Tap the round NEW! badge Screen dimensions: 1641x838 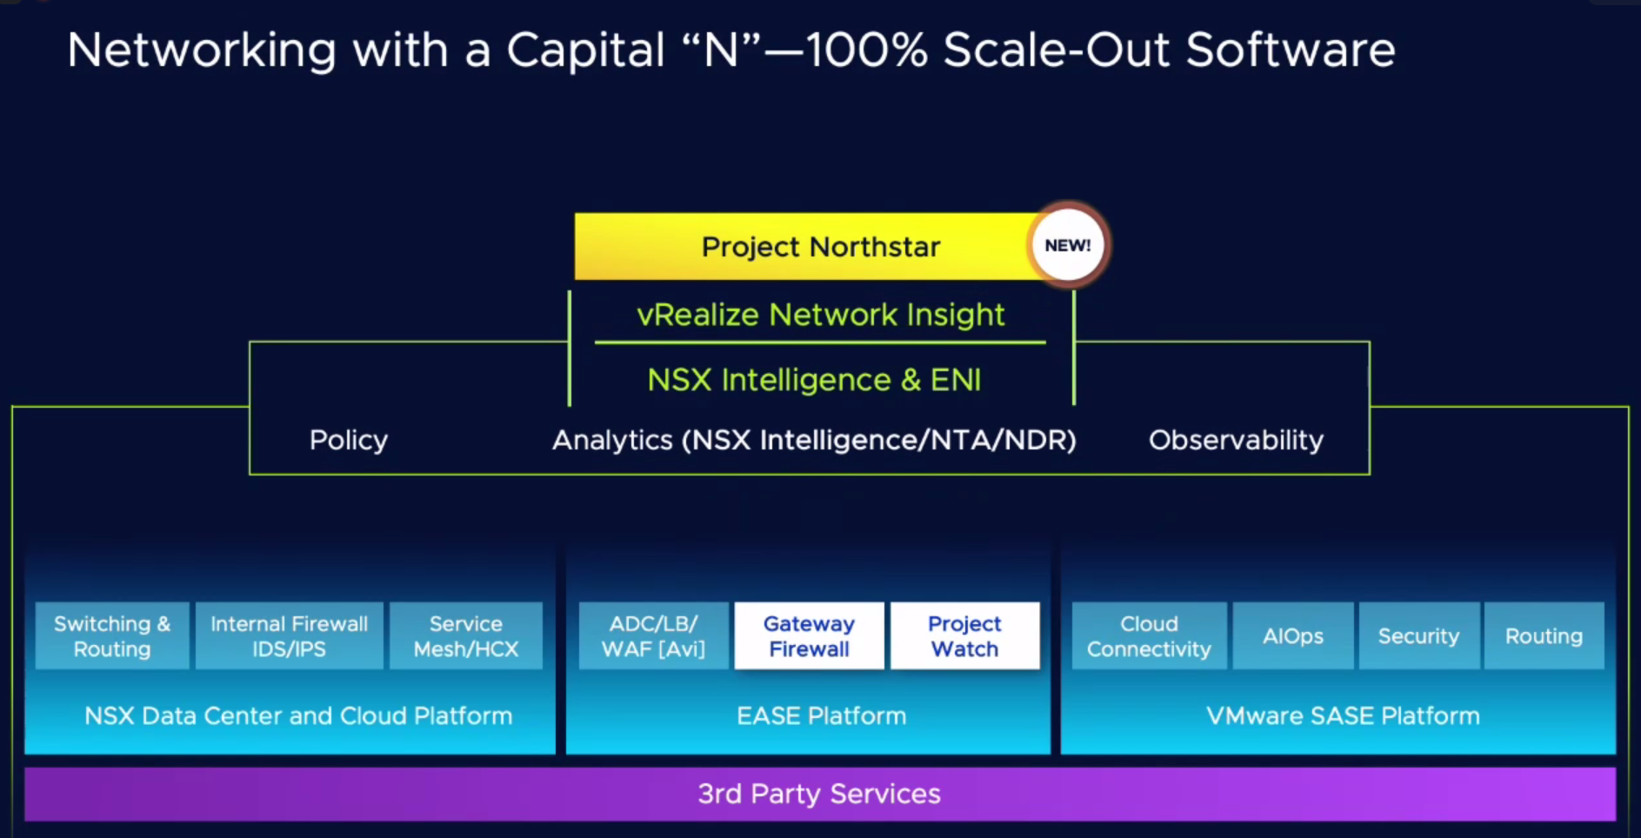click(x=1068, y=245)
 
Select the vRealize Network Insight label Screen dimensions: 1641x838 click(x=821, y=315)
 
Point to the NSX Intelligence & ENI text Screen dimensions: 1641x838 click(x=814, y=380)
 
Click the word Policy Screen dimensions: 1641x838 click(x=349, y=440)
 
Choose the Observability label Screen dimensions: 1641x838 click(x=1236, y=440)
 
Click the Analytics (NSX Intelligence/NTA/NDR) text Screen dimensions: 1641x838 click(x=814, y=441)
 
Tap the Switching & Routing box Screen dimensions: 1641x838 click(x=112, y=636)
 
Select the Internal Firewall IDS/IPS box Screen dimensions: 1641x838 click(x=290, y=636)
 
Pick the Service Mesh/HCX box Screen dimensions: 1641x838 click(x=466, y=636)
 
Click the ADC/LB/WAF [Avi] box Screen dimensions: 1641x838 click(x=654, y=636)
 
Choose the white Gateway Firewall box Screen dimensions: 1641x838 click(x=810, y=636)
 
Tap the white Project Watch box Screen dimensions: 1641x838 click(x=965, y=636)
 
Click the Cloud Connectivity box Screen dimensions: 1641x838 click(x=1150, y=636)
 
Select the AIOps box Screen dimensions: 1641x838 click(x=1293, y=636)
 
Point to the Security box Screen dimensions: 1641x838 click(x=1419, y=636)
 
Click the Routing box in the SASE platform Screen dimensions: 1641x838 click(x=1544, y=636)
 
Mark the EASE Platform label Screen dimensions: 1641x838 click(x=822, y=716)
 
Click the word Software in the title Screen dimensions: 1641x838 click(x=1291, y=50)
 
